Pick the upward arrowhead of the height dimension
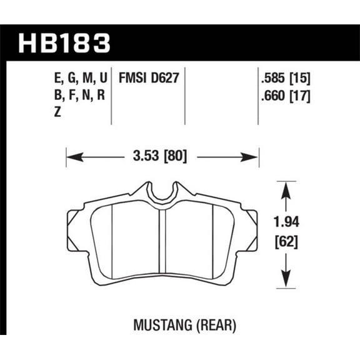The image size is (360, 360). point(286,187)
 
